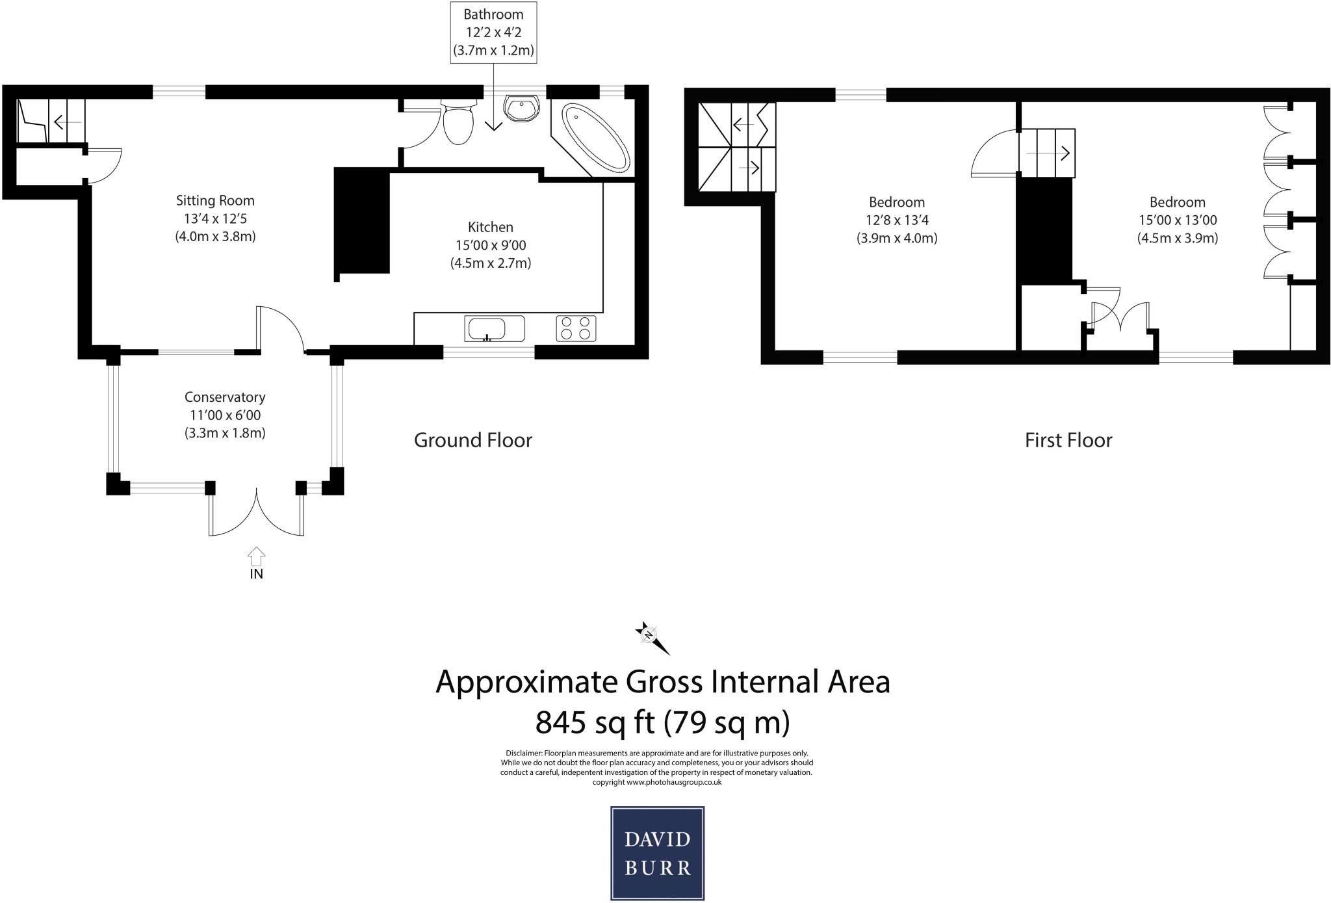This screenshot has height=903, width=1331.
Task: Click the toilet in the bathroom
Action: coord(458,122)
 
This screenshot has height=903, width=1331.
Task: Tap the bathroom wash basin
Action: coord(521,109)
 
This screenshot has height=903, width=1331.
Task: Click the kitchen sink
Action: coord(494,328)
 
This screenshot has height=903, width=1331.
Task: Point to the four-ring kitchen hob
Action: coord(576,328)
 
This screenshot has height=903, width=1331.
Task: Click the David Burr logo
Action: coord(657,853)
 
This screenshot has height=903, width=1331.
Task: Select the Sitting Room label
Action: coord(215,201)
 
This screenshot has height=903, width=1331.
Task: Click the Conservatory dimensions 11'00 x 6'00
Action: coord(225,415)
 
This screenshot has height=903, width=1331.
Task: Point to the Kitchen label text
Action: coord(491,228)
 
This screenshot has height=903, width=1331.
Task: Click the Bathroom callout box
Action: coord(494,33)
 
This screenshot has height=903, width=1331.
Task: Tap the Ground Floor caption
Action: coord(473,440)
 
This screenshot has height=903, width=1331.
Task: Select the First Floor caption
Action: coord(1068,440)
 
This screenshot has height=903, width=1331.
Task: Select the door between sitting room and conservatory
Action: coord(281,328)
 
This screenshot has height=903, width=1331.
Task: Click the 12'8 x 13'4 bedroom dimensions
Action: coord(897,220)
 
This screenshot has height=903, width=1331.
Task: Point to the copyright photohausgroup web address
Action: coord(656,782)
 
